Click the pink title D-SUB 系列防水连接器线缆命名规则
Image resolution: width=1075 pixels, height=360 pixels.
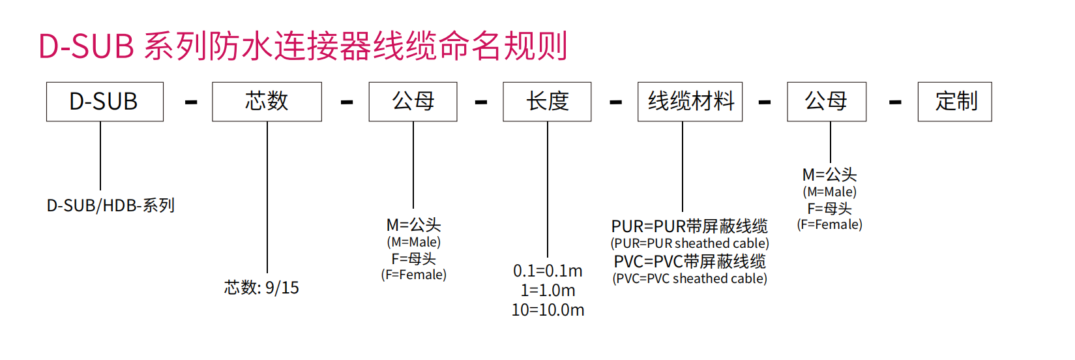click(x=303, y=46)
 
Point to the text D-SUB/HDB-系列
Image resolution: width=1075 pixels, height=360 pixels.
click(x=110, y=205)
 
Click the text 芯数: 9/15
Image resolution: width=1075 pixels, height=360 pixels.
click(x=261, y=288)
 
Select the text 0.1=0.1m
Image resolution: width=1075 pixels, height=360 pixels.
click(x=548, y=271)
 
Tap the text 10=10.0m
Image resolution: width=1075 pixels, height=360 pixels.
click(x=548, y=310)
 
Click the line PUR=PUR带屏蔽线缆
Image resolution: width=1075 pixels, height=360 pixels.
click(x=690, y=226)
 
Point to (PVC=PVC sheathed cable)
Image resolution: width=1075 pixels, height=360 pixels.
click(x=690, y=278)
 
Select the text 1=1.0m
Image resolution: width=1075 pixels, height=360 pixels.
click(x=548, y=290)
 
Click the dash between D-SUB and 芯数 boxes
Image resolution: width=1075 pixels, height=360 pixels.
click(x=191, y=102)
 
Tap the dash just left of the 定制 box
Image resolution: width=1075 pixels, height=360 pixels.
click(x=895, y=102)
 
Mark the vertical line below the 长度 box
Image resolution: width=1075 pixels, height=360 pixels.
click(x=548, y=190)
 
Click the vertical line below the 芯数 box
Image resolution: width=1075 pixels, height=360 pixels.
click(x=267, y=197)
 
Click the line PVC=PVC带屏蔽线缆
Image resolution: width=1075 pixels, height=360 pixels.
click(x=690, y=262)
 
